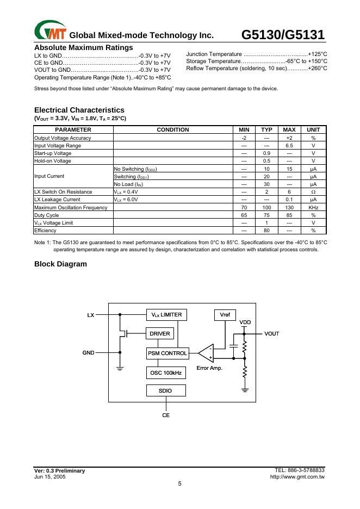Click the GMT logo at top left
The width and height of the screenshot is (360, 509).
click(x=49, y=32)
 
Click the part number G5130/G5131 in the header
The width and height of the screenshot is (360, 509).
click(x=283, y=35)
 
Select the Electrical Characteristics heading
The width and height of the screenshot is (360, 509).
click(x=79, y=110)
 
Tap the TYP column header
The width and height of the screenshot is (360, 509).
click(x=266, y=130)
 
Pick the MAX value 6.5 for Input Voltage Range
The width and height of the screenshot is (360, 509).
click(x=289, y=146)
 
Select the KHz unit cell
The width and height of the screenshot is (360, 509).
click(x=313, y=208)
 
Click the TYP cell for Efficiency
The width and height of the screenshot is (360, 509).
click(x=266, y=231)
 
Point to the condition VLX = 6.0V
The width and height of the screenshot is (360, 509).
click(x=126, y=200)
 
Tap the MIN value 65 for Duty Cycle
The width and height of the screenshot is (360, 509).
click(x=244, y=215)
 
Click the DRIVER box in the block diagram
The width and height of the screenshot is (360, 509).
click(x=160, y=333)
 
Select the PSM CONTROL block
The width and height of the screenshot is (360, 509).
click(x=167, y=353)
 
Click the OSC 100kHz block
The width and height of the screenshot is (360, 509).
click(x=166, y=373)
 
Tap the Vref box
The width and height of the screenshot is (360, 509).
click(x=224, y=315)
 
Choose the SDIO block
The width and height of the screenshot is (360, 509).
click(x=166, y=390)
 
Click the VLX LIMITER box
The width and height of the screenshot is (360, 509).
click(x=166, y=315)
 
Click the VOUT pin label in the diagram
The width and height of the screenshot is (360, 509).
click(x=272, y=333)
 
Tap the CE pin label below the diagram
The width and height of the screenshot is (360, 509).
click(x=166, y=415)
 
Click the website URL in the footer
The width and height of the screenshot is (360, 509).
click(x=297, y=476)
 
